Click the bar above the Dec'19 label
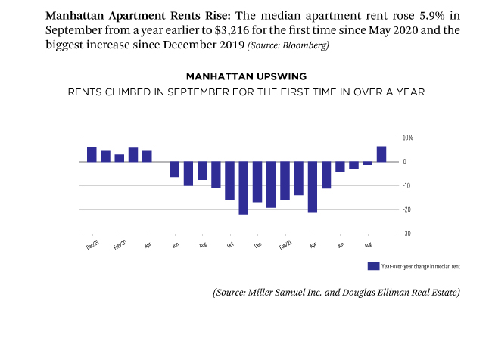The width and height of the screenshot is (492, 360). click(92, 154)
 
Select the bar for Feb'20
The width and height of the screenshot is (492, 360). click(120, 158)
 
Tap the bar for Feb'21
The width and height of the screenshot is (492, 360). click(285, 181)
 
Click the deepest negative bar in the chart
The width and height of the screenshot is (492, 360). click(243, 188)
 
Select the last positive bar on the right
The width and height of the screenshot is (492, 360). click(381, 154)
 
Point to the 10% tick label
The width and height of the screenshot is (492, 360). click(407, 138)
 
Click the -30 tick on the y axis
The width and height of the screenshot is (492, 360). click(406, 234)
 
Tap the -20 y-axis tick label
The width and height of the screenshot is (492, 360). click(406, 209)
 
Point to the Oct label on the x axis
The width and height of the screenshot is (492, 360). click(229, 245)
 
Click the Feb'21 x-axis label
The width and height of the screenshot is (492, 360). click(285, 245)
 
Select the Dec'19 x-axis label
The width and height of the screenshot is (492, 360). click(92, 245)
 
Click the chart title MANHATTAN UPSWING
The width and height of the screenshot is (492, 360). click(245, 77)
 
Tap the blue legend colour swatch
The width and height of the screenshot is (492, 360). click(372, 266)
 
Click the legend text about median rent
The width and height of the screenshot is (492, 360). click(421, 267)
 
